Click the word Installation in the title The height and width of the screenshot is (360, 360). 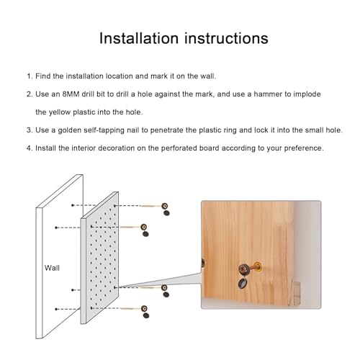tap(139, 38)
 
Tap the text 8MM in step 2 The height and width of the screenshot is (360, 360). tap(71, 94)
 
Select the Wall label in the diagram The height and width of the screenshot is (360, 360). tap(52, 268)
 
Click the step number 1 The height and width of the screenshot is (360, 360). tap(29, 76)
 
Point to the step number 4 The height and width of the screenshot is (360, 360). tap(30, 148)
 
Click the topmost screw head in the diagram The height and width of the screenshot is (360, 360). tap(165, 206)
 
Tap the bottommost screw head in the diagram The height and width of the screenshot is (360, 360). tap(144, 308)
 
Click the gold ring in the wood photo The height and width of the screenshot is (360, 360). tap(258, 266)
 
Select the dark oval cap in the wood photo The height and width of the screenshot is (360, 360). tap(243, 283)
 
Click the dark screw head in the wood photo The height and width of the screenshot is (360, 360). tap(244, 269)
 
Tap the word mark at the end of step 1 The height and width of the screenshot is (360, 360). tap(159, 76)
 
